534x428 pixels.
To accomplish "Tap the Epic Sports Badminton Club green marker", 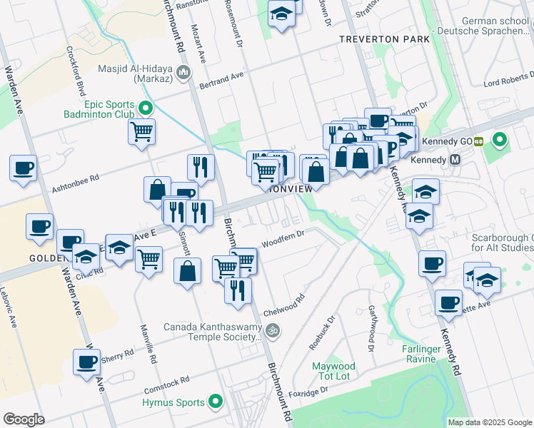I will click(146, 109).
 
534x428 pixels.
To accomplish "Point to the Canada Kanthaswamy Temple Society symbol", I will click(271, 331).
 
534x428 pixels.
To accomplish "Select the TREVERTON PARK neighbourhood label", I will click(385, 39).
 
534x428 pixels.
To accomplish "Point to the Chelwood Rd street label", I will click(284, 305).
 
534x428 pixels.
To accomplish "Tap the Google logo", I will click(24, 419).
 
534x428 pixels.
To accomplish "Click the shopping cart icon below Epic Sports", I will click(142, 131).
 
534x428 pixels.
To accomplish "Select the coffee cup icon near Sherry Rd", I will click(87, 361).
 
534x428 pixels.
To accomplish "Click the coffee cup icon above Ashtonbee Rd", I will click(24, 168).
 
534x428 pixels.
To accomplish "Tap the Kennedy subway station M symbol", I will click(454, 159).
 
